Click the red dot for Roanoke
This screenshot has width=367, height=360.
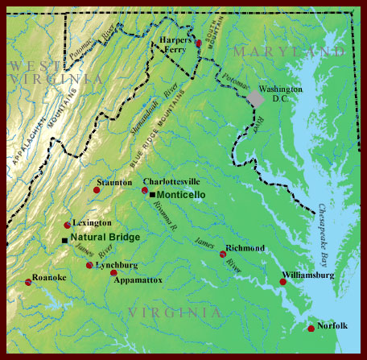(29, 282)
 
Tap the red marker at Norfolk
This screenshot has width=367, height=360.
(311, 328)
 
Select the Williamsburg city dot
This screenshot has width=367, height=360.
(282, 281)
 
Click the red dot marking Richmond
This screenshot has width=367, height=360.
(223, 254)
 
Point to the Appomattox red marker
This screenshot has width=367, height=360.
(113, 273)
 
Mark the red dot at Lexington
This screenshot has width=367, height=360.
(68, 226)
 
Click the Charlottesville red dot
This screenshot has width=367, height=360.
(145, 191)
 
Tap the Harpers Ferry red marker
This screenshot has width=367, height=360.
(199, 43)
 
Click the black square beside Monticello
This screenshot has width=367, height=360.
(152, 195)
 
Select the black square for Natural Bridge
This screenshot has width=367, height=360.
(64, 239)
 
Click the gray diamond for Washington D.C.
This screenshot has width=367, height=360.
(255, 97)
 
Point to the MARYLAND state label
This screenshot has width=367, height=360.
(287, 52)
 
